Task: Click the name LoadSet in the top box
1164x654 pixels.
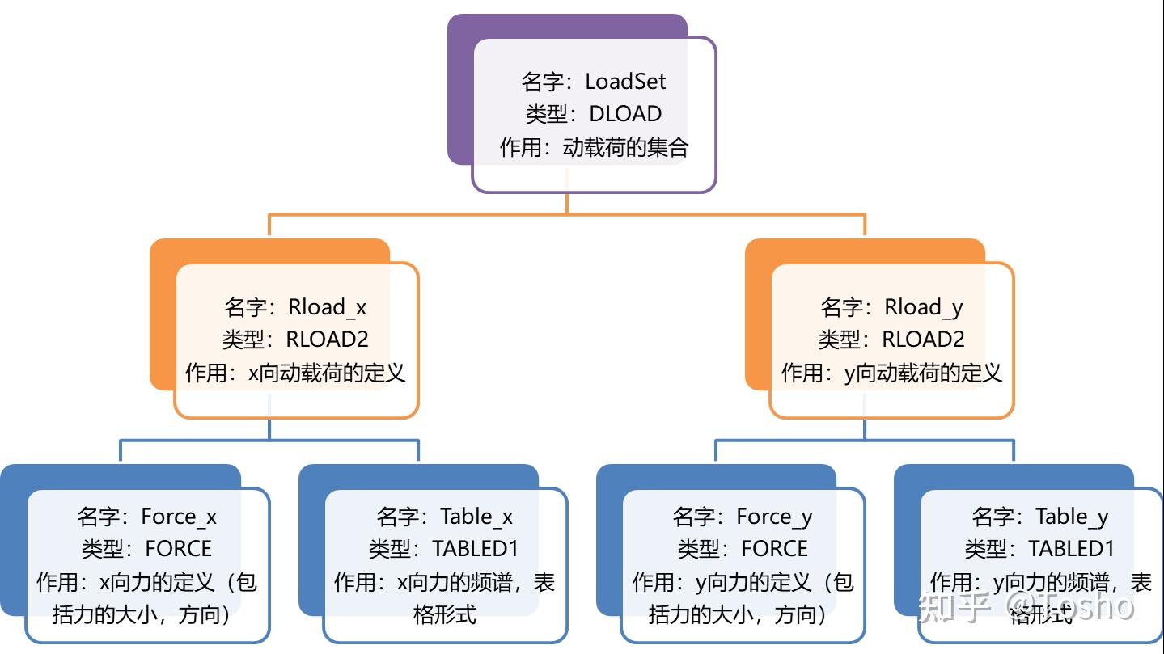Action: pos(625,82)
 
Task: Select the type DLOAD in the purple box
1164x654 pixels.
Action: pos(624,114)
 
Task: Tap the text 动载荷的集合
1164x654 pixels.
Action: pos(625,147)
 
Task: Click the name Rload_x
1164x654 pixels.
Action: pos(328,307)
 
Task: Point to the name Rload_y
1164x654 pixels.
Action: pos(923,307)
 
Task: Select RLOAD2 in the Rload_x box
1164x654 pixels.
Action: pos(328,340)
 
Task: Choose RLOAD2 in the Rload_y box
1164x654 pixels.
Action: pos(923,340)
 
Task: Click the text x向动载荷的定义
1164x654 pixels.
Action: pos(326,373)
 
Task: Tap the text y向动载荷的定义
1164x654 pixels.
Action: pos(922,373)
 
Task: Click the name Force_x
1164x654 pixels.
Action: pos(179,517)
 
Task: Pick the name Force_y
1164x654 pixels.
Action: pos(774,517)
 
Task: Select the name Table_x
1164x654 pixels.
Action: pos(476,517)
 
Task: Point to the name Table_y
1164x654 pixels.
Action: pos(1072,517)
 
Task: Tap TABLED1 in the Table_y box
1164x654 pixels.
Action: pos(1071,549)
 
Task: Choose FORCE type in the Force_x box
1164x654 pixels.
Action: pos(178,549)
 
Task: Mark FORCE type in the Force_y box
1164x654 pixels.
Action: pos(774,549)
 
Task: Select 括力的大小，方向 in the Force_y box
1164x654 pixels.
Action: pos(738,614)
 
